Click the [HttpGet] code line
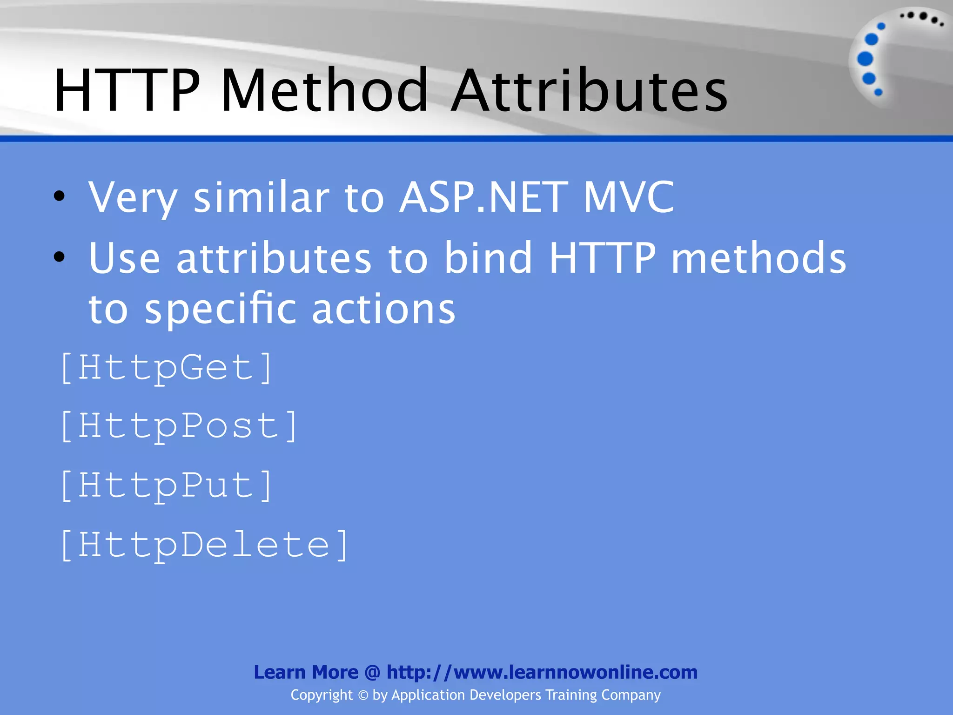pyautogui.click(x=166, y=368)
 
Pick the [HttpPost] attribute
pyautogui.click(x=179, y=426)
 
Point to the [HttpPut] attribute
pyautogui.click(x=166, y=486)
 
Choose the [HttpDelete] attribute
pyautogui.click(x=204, y=545)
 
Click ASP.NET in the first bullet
pyautogui.click(x=483, y=197)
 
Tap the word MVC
pyautogui.click(x=628, y=197)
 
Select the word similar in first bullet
pyautogui.click(x=261, y=197)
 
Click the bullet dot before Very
pyautogui.click(x=59, y=197)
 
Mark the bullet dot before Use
pyautogui.click(x=59, y=256)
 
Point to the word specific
pyautogui.click(x=220, y=310)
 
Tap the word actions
pyautogui.click(x=383, y=310)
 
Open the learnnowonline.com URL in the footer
pyautogui.click(x=542, y=672)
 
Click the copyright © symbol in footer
pyautogui.click(x=363, y=695)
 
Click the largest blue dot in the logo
pyautogui.click(x=865, y=59)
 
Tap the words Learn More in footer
pyautogui.click(x=306, y=672)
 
